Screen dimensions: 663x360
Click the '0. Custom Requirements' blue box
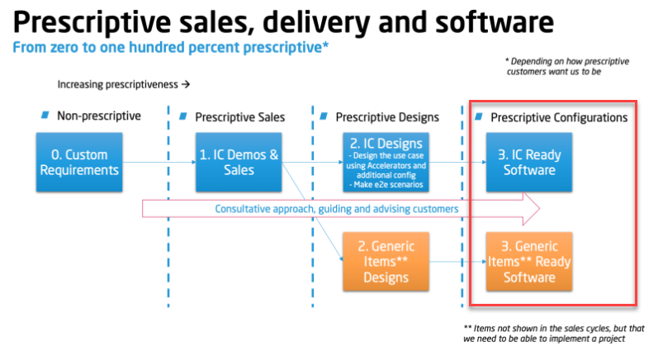point(79,162)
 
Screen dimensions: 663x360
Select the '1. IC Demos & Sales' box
point(239,162)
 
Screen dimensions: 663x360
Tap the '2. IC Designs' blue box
point(386,162)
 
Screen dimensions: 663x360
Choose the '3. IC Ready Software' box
point(529,162)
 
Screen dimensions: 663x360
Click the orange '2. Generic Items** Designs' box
point(386,262)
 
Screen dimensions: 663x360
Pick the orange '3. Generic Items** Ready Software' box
point(529,262)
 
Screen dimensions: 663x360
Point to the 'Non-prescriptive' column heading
point(99,116)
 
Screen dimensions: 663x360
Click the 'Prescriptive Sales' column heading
point(239,117)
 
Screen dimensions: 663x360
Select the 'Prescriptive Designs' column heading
point(387,117)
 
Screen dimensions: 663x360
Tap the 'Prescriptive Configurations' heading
point(559,117)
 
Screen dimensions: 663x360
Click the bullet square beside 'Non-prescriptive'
point(45,115)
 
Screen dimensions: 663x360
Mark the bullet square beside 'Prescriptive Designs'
point(324,116)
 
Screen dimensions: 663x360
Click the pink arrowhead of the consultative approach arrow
point(532,209)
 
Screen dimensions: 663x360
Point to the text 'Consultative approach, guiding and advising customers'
point(337,209)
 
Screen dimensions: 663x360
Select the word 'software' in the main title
point(495,22)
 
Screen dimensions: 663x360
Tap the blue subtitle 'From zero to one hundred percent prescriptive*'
point(170,47)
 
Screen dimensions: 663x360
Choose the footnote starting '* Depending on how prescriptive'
point(567,66)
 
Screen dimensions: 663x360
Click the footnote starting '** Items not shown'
point(554,334)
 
